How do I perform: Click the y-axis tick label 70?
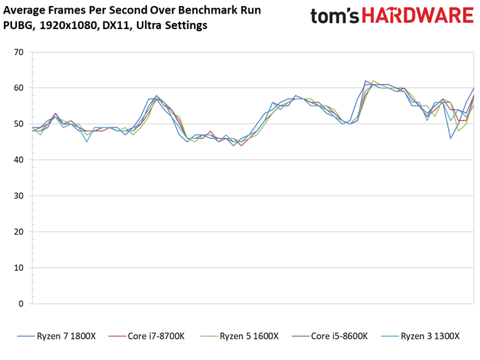[19, 52]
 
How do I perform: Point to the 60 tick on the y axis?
[19, 88]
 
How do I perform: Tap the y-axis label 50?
[19, 124]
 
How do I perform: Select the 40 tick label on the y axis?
[19, 160]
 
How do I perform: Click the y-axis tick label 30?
[19, 196]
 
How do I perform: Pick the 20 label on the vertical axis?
[19, 232]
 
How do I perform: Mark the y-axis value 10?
[19, 268]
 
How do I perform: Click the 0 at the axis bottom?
[21, 304]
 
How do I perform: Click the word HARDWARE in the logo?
[418, 16]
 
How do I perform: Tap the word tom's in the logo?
[335, 16]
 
